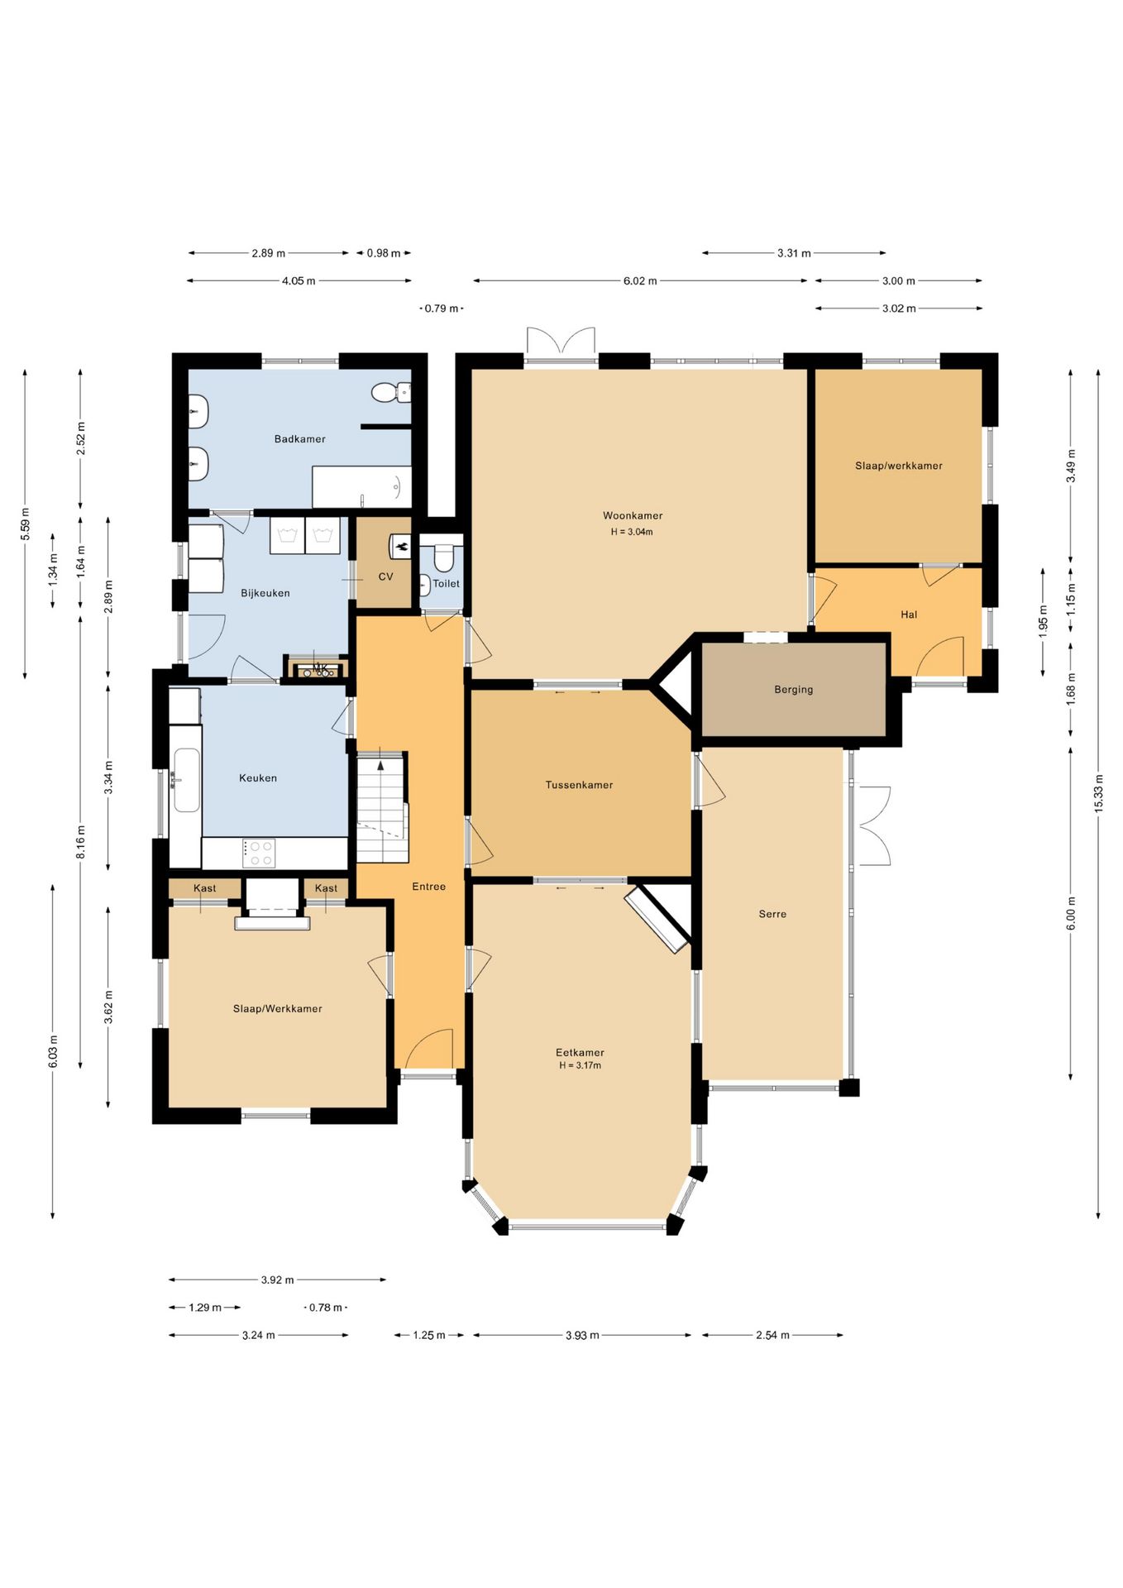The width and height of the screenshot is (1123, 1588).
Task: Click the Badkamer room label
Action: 299,439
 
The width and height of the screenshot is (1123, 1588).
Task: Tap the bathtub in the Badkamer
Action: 361,487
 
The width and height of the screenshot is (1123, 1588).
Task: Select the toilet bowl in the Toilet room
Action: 444,559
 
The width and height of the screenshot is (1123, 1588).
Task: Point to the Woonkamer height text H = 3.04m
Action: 632,532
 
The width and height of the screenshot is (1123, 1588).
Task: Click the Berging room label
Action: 793,690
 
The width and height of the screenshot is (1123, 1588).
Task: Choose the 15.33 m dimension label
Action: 1099,793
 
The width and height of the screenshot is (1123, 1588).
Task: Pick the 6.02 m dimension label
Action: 640,281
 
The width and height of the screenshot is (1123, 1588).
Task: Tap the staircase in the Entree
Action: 382,806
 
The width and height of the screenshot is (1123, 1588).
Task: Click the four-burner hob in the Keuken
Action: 259,853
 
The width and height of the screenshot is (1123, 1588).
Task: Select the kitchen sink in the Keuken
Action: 186,780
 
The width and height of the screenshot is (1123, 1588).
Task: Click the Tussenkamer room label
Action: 579,785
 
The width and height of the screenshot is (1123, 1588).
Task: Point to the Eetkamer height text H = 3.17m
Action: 580,1065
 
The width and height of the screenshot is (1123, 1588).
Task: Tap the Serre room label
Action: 772,914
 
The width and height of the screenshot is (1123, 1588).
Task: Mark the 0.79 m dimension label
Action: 442,309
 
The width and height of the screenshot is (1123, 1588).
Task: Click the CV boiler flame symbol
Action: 401,546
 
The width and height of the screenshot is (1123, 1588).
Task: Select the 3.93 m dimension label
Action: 582,1335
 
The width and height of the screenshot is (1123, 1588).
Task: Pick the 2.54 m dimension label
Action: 772,1335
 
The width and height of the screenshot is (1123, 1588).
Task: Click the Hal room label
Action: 909,615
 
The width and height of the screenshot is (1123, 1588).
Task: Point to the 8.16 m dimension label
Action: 81,842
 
